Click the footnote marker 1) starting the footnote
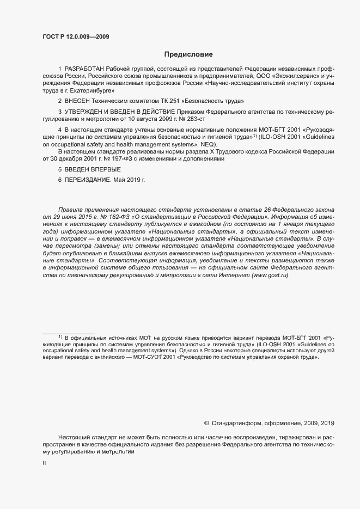point(60,337)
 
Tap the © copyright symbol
point(206,423)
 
